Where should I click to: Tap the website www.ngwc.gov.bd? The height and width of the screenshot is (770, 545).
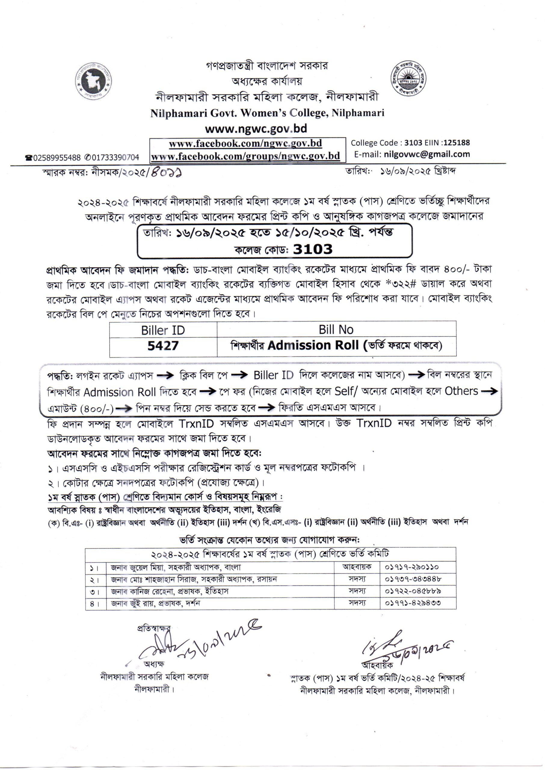click(x=256, y=128)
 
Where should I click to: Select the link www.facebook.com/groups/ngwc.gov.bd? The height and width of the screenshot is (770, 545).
click(x=245, y=156)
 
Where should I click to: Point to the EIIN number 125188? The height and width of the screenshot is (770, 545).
click(x=457, y=143)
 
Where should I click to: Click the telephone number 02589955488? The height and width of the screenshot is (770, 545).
click(x=57, y=157)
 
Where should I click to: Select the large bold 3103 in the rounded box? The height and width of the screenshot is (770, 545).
click(x=313, y=249)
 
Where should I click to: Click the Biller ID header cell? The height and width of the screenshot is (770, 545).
click(x=163, y=330)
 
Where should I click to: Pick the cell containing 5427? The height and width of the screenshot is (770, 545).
click(x=163, y=346)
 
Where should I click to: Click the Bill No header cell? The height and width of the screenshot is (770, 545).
click(x=336, y=330)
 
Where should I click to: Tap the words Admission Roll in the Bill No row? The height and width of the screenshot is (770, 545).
click(x=313, y=346)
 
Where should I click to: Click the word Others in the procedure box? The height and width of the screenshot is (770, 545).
click(x=461, y=391)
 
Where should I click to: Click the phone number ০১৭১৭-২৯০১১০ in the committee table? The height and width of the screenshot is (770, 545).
click(x=412, y=567)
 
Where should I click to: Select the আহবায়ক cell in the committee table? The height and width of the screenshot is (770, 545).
click(x=357, y=567)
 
